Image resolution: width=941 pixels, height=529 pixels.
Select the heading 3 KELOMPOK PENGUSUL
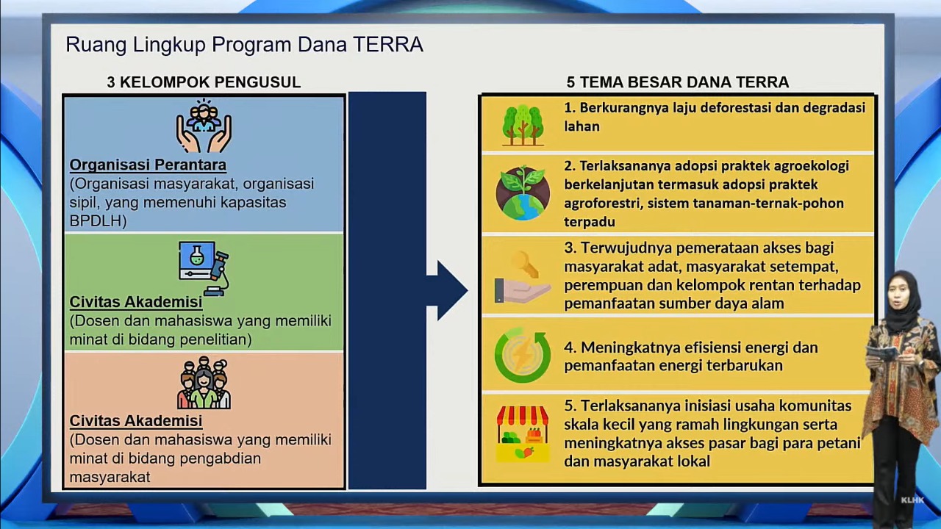coord(204,82)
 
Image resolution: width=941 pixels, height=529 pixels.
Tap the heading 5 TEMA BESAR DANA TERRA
coord(678,82)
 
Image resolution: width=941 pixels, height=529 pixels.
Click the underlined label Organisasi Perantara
coord(148,165)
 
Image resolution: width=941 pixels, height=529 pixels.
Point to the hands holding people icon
coord(204,126)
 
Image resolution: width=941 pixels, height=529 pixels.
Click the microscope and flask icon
coord(204,268)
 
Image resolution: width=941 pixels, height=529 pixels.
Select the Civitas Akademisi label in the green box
coord(136,302)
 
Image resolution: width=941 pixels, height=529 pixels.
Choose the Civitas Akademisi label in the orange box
coord(136,421)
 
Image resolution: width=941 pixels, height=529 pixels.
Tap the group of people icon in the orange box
coord(204,383)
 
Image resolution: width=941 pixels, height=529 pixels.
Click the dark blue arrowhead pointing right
coord(451,290)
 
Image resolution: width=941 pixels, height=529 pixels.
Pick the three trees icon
coord(523,125)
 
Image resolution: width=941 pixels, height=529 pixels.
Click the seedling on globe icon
coord(523,192)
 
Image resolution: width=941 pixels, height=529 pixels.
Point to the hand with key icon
coord(523,277)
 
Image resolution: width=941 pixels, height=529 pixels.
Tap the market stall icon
coord(523,433)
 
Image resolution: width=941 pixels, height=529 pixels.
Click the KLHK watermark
coord(912,500)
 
